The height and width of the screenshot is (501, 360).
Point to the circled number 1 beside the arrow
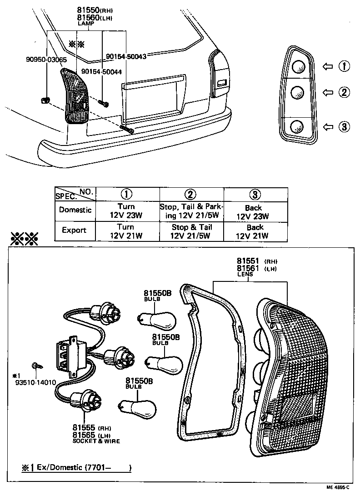pos(344,67)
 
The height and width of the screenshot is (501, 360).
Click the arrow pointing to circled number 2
pos(327,93)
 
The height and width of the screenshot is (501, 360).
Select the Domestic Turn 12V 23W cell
pos(126,211)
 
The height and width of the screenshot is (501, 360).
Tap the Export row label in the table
pos(74,230)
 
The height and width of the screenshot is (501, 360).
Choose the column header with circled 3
pos(255,194)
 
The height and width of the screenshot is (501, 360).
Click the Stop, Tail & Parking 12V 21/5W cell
pos(191,211)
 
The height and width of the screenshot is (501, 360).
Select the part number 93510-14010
pos(35,382)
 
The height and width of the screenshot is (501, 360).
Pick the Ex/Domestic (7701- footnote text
pos(77,467)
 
